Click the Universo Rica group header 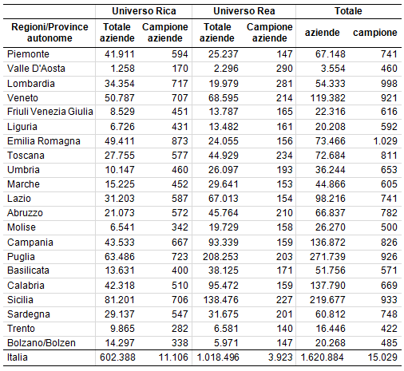144,11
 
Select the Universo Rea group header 244,11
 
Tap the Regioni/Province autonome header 50,33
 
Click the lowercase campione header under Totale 375,33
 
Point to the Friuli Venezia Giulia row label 50,112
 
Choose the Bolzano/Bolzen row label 42,343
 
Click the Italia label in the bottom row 18,357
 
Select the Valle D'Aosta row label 36,69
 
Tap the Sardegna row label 29,314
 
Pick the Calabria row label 26,286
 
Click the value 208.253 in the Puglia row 220,257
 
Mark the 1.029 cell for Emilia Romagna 385,141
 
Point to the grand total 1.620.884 322,357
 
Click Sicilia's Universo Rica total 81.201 120,300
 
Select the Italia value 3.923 280,357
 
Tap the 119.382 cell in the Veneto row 327,98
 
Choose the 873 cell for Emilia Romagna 180,141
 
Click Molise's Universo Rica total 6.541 122,227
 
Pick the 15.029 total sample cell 382,357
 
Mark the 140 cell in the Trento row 284,329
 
